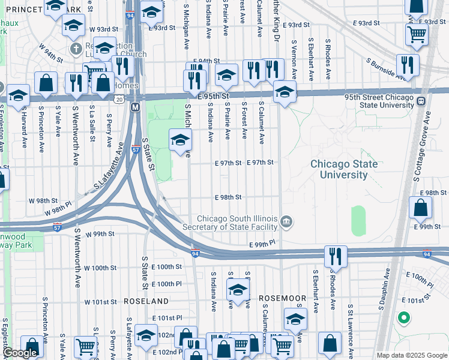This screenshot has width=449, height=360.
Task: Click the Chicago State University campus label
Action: click(x=344, y=169)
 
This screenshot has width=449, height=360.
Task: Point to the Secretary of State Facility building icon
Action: click(x=287, y=223)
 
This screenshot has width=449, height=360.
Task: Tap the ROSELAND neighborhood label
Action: click(x=146, y=300)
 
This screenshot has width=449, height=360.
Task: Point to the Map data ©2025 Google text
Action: click(x=412, y=355)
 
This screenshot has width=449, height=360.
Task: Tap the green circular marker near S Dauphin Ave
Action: click(x=404, y=317)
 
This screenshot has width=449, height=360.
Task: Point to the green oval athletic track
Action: click(x=358, y=221)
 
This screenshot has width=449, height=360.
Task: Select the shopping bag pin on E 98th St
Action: click(x=421, y=208)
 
